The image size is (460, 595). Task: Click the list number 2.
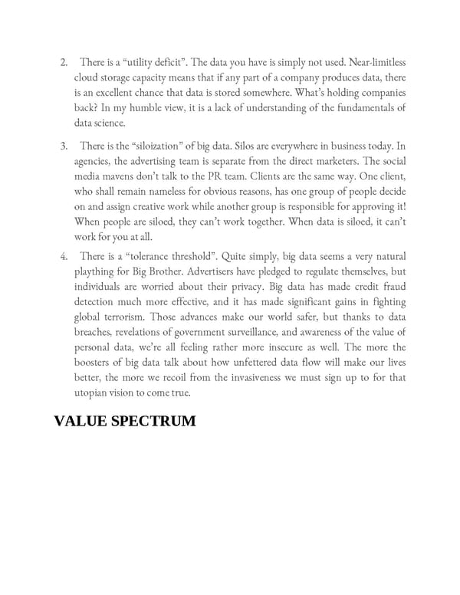[x=64, y=62]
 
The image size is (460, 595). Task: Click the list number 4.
[x=64, y=256]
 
